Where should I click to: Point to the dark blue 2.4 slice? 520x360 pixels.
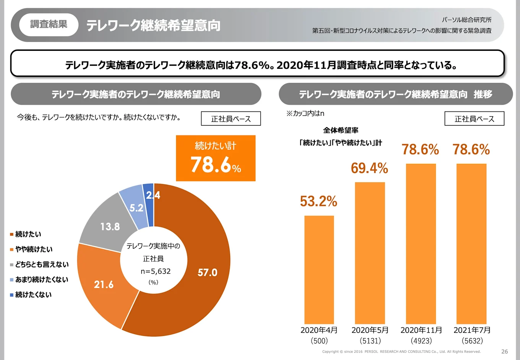coord(149,199)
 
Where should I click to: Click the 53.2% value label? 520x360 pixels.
coord(318,201)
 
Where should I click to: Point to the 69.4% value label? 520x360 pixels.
coord(369,168)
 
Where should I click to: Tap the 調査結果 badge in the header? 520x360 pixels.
coord(49,24)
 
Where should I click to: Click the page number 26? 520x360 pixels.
coord(504,351)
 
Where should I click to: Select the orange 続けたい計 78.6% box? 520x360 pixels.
coord(216,158)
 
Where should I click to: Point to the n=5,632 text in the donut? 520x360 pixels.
coord(156,271)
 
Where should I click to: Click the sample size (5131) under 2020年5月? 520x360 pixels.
coord(370,341)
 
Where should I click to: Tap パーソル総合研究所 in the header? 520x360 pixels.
coord(466,19)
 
